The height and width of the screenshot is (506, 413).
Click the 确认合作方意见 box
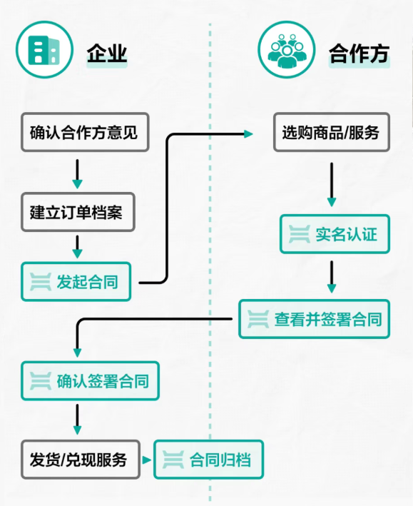(84, 132)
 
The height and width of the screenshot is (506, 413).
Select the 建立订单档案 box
(78, 212)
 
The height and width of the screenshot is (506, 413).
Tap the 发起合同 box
(76, 282)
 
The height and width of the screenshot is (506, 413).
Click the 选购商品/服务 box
(330, 132)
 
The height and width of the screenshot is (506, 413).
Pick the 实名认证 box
(335, 233)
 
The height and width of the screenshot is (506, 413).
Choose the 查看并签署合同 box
(314, 318)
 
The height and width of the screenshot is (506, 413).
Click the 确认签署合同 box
(90, 381)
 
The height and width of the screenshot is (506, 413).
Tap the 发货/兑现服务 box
(78, 460)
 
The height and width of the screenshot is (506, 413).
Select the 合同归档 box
(208, 460)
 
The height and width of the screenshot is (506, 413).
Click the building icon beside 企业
(44, 50)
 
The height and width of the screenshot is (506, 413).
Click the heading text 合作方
(359, 54)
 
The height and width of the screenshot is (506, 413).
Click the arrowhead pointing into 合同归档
(147, 460)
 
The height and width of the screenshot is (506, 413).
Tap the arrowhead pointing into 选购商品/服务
(248, 133)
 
